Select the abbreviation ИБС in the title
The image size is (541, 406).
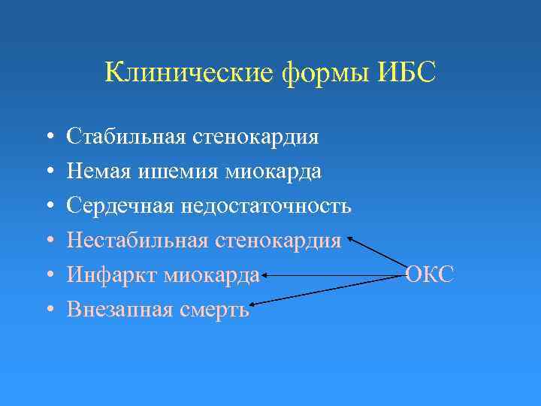coord(409,73)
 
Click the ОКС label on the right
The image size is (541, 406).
coord(429,275)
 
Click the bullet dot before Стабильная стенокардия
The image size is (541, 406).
coord(48,138)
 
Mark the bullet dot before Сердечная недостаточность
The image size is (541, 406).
coord(48,207)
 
